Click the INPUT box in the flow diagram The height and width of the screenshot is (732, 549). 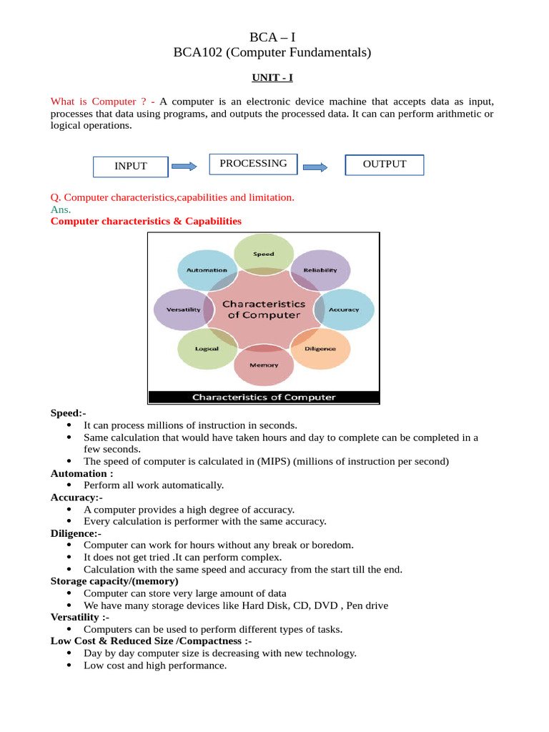pyautogui.click(x=131, y=166)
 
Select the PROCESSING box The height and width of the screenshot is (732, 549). pyautogui.click(x=253, y=164)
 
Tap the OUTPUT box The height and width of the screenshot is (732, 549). pyautogui.click(x=385, y=164)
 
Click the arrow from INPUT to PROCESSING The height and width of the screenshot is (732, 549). pyautogui.click(x=184, y=167)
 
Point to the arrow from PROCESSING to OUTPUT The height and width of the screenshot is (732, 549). pyautogui.click(x=315, y=167)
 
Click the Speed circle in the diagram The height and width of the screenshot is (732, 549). pyautogui.click(x=264, y=254)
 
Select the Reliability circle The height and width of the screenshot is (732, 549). pyautogui.click(x=320, y=270)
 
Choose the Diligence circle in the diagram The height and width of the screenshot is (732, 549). pyautogui.click(x=320, y=349)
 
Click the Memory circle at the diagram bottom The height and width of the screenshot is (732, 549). pyautogui.click(x=264, y=365)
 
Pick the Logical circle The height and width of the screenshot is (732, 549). pyautogui.click(x=207, y=349)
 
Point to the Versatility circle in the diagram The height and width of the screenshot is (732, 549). pyautogui.click(x=183, y=310)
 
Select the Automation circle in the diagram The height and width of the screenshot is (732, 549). pyautogui.click(x=207, y=270)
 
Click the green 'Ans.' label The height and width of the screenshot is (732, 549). pyautogui.click(x=61, y=209)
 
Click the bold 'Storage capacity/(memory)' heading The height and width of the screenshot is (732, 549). pyautogui.click(x=114, y=581)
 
